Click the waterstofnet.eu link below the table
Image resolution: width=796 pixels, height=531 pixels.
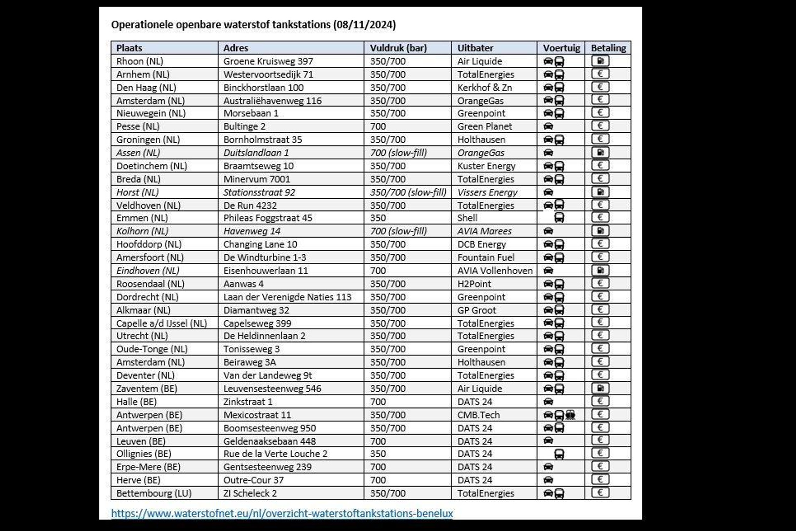tap(282, 513)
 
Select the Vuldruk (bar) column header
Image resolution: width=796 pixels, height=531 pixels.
tap(398, 48)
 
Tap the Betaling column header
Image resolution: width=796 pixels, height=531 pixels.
tap(608, 48)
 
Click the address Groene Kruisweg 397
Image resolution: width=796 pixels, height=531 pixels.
tap(268, 61)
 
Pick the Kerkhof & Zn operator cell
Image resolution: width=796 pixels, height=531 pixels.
tap(484, 88)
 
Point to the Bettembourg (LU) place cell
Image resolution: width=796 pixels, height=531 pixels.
tap(154, 493)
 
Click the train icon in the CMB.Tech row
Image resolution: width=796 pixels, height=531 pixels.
tap(570, 415)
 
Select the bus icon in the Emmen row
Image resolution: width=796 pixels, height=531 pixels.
tap(559, 218)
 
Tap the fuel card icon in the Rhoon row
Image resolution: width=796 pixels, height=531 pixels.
tap(600, 61)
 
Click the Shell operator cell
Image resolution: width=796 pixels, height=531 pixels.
tap(467, 218)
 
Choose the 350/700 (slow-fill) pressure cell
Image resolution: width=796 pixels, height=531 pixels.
tap(408, 192)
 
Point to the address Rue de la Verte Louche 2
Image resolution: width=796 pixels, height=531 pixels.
tap(275, 454)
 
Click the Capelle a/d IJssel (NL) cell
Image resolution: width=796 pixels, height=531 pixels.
tap(161, 323)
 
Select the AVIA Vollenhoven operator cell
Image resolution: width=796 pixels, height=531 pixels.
tap(495, 270)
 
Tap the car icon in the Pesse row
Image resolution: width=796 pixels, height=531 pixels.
tap(548, 127)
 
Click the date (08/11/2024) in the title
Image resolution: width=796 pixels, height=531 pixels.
tap(364, 25)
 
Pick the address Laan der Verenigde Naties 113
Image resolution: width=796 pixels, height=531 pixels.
tap(287, 297)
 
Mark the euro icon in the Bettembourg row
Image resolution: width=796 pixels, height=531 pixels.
tap(600, 493)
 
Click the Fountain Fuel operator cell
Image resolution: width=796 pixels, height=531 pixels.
tap(485, 257)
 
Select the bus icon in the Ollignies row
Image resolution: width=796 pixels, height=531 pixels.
tap(559, 454)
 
